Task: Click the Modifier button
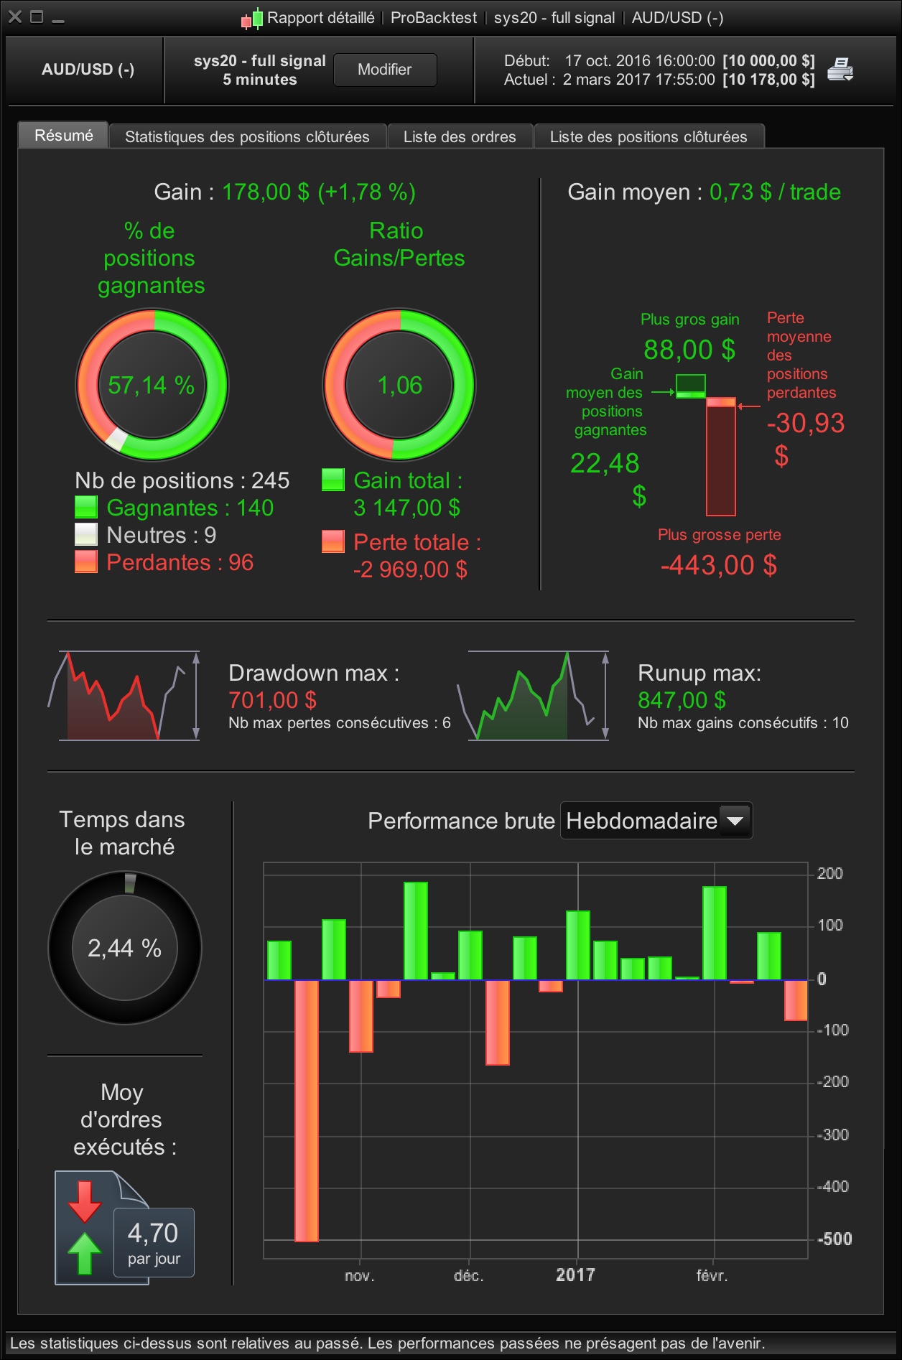(x=385, y=70)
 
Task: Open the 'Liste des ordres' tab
(x=460, y=136)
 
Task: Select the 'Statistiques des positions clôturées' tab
(x=247, y=136)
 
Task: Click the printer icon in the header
(x=840, y=70)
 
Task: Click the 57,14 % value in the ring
(x=152, y=386)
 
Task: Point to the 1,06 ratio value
(x=400, y=386)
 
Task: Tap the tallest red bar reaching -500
(x=307, y=1110)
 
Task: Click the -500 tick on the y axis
(x=834, y=1239)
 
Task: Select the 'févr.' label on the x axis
(x=712, y=1275)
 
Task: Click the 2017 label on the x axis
(x=575, y=1275)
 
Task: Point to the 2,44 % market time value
(x=124, y=948)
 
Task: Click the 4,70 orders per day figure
(x=153, y=1233)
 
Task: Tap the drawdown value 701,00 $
(x=272, y=700)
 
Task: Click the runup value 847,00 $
(x=682, y=700)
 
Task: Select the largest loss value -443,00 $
(x=719, y=565)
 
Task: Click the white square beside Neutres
(x=86, y=534)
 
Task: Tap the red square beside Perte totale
(x=333, y=541)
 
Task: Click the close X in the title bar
(x=15, y=17)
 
